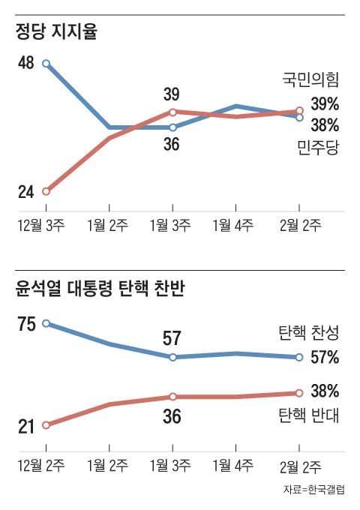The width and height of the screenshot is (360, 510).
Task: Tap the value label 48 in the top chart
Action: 25,63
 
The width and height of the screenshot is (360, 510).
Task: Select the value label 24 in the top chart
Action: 25,192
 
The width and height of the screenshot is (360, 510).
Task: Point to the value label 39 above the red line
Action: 172,94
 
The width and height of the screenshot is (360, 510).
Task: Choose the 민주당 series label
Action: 319,146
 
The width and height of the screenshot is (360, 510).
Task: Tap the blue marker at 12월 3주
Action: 46,64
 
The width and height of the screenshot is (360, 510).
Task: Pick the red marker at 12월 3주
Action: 46,191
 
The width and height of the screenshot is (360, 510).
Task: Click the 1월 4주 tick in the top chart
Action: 236,224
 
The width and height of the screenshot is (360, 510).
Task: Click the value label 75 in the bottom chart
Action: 25,324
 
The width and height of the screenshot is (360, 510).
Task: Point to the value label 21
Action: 25,427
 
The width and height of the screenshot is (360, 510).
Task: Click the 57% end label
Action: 325,357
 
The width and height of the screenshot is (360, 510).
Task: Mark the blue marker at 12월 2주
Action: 46,323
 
